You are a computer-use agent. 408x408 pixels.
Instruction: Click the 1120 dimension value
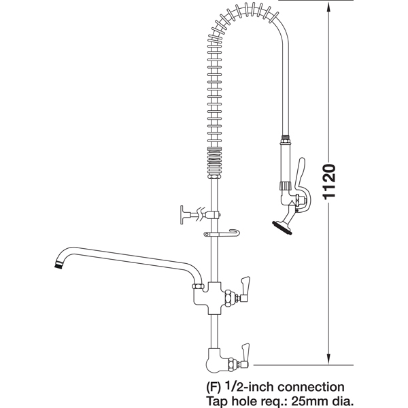click(329, 182)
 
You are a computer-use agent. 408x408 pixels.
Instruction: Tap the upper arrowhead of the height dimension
click(328, 7)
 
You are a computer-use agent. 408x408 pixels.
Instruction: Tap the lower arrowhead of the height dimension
click(328, 360)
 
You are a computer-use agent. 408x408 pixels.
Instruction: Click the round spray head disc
click(282, 228)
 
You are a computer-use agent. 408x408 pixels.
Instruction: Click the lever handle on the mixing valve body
click(245, 289)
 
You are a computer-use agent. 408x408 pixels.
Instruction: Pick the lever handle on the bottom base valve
click(245, 356)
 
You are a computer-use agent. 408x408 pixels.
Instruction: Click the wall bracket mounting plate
click(182, 215)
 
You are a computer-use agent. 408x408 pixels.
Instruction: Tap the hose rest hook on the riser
click(222, 233)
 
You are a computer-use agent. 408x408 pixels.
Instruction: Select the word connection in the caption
click(311, 387)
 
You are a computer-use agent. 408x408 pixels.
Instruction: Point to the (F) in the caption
click(214, 388)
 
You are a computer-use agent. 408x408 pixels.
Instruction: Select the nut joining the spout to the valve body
click(198, 286)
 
